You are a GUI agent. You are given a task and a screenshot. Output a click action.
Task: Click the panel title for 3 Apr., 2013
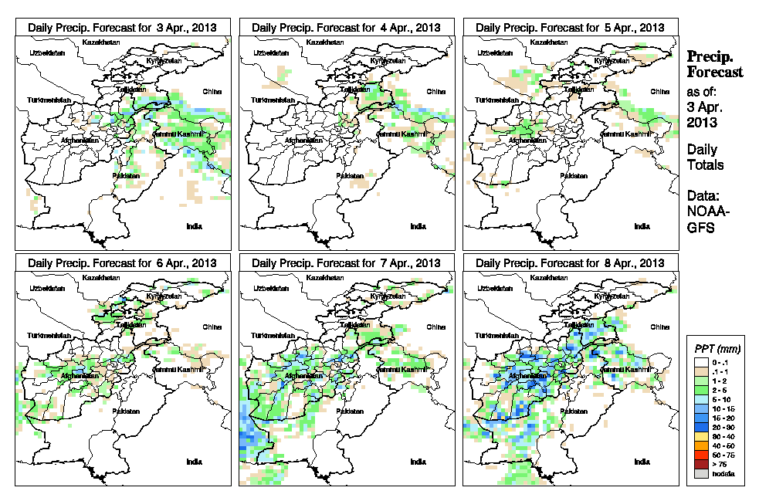(122, 27)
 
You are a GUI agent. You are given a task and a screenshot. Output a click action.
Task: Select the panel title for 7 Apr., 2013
(346, 263)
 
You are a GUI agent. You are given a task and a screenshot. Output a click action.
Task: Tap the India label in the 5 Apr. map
(642, 226)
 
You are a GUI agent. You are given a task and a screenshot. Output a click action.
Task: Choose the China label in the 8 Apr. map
(659, 327)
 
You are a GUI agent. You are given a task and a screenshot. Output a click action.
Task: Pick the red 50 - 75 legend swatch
(700, 455)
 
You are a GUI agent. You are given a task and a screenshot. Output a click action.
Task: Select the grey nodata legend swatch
(700, 474)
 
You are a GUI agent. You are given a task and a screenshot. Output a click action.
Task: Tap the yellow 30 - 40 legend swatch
(700, 436)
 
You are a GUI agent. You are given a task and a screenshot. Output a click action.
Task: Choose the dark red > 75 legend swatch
(700, 465)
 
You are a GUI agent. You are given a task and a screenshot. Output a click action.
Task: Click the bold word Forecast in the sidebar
(715, 72)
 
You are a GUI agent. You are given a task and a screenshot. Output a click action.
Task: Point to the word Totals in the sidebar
(706, 164)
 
